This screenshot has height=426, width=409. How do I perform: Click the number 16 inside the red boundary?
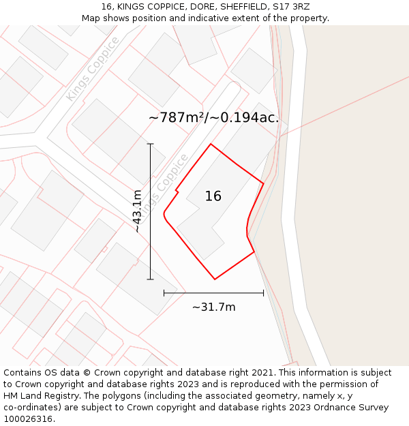[213, 196]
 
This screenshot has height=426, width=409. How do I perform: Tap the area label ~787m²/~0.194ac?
[213, 118]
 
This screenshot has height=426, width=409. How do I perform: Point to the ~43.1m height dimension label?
[138, 211]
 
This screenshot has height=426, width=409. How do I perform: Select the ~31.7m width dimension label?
[213, 307]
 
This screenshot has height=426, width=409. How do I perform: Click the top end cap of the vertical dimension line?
[151, 144]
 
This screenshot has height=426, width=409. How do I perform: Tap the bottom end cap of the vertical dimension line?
[151, 279]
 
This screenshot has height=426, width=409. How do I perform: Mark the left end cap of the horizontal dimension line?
[164, 293]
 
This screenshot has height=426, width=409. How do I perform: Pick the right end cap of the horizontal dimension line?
[263, 293]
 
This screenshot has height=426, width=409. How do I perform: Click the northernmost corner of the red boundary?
[211, 144]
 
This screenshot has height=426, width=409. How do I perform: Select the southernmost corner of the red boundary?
[215, 279]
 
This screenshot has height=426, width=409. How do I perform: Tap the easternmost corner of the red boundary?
[263, 183]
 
